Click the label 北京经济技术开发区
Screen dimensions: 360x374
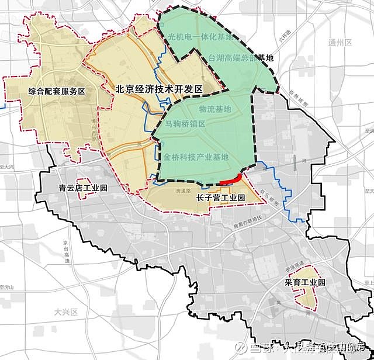pos(158,89)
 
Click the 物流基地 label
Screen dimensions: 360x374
pos(214,109)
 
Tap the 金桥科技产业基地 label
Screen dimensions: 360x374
pos(196,157)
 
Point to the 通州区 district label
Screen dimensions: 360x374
pos(340,43)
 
